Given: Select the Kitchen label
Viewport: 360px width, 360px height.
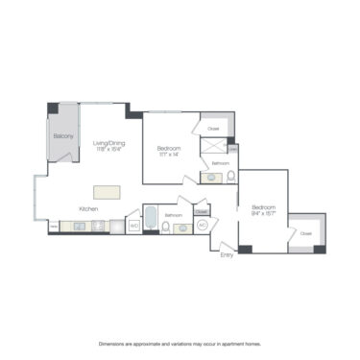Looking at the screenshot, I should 89,208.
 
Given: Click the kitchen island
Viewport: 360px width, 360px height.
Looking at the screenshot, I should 108,191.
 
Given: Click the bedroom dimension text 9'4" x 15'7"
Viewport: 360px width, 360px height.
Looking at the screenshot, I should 264,215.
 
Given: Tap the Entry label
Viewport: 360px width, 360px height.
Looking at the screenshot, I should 227,254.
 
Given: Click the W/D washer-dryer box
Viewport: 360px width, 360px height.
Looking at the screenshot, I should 134,226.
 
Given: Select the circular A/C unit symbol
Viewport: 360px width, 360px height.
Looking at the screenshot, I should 203,225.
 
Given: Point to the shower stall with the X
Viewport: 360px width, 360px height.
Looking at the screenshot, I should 213,146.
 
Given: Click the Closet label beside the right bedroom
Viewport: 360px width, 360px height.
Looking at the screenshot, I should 305,233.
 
